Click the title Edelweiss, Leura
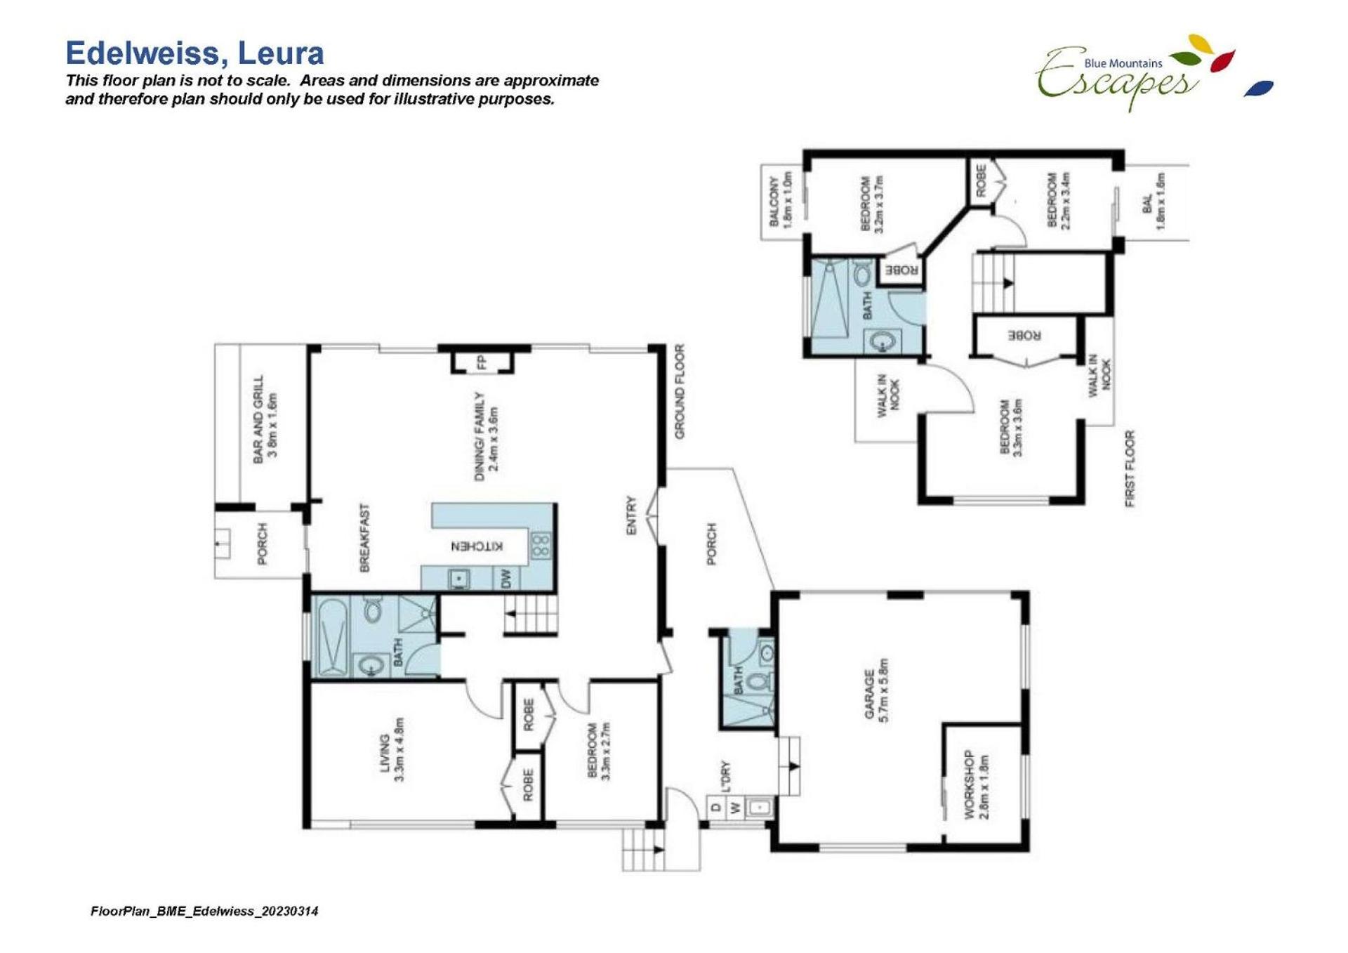[194, 53]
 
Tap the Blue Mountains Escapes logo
[1153, 73]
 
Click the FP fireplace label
[482, 362]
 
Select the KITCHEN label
[477, 546]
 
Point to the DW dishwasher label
[506, 579]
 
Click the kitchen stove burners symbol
[541, 546]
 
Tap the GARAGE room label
[869, 694]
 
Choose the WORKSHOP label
[969, 784]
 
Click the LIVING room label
[385, 753]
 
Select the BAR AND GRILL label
[258, 419]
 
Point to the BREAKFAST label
[364, 537]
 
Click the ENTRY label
[631, 515]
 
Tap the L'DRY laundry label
[725, 775]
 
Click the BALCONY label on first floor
[774, 202]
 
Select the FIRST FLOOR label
[1130, 468]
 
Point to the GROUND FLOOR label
[680, 391]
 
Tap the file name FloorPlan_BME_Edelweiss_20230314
[204, 911]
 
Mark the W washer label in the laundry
[735, 808]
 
